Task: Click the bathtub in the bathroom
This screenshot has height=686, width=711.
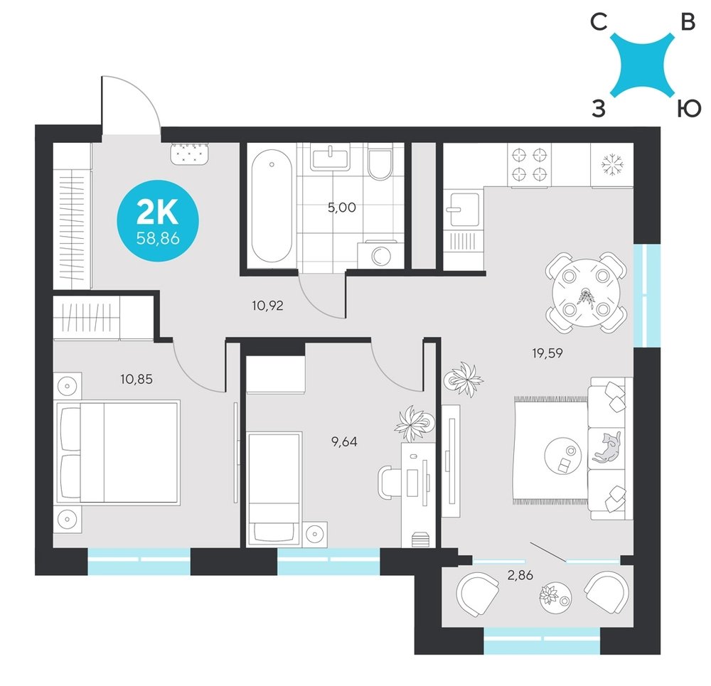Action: (271, 206)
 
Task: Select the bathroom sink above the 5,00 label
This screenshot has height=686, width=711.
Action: (331, 157)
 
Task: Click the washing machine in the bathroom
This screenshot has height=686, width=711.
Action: (380, 255)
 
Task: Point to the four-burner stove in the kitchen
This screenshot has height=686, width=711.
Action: (529, 164)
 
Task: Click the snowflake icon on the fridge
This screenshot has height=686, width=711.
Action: (612, 164)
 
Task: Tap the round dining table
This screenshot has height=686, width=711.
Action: (586, 293)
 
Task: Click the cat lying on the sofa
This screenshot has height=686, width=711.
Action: (606, 448)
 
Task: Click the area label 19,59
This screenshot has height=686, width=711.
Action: (547, 353)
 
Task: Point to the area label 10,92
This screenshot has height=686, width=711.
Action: (267, 306)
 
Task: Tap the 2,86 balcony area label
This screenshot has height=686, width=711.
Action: (520, 575)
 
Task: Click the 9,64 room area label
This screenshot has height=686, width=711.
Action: (344, 441)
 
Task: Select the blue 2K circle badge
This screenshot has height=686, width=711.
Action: (158, 221)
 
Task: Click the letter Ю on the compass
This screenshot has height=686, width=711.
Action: (689, 109)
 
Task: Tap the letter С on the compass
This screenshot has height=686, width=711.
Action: (599, 22)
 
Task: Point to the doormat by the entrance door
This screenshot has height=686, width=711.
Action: (190, 154)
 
